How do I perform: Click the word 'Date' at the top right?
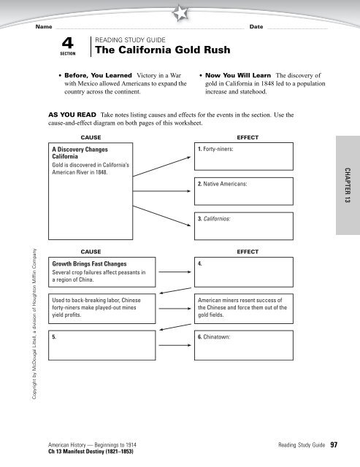[256, 26]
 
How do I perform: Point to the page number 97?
[333, 444]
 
